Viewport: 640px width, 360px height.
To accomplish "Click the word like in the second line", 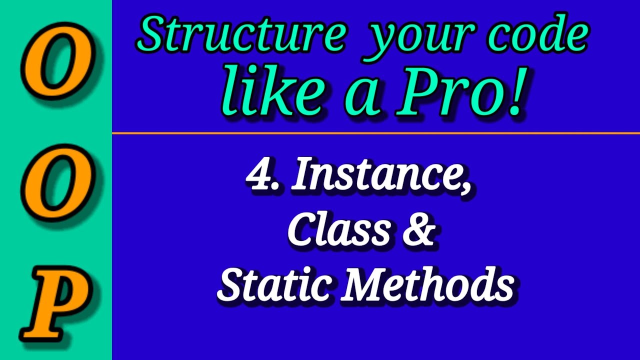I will click(273, 93).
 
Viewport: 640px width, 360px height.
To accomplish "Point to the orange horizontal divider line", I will click(375, 133).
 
